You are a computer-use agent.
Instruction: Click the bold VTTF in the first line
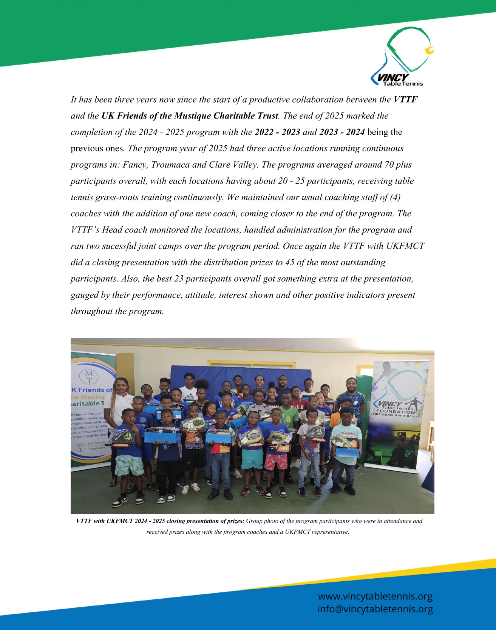point(405,100)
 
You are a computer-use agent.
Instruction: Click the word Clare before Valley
point(219,165)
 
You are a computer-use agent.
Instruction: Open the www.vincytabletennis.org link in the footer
point(375,596)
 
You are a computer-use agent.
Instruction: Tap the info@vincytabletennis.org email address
point(375,609)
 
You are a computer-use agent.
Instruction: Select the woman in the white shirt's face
point(122,386)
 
